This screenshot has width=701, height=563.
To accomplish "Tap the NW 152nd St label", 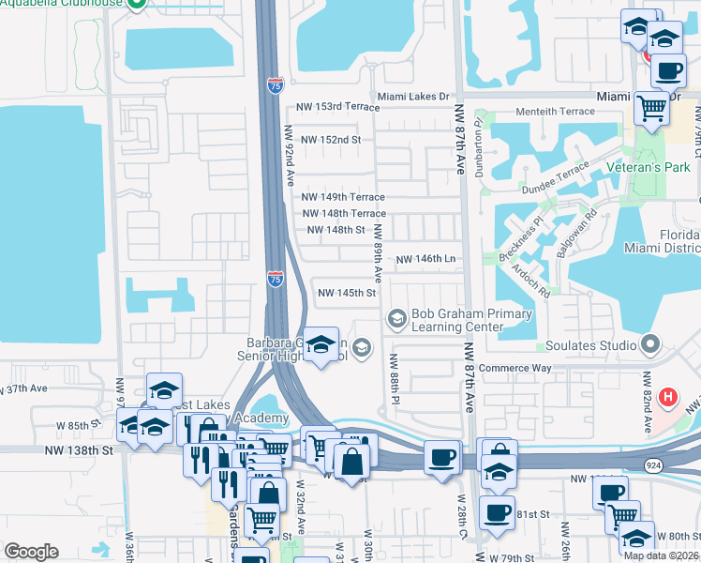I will pyautogui.click(x=331, y=140).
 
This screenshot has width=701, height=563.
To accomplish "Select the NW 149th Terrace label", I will pyautogui.click(x=343, y=197).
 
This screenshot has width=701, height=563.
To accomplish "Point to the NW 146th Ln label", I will pyautogui.click(x=425, y=259).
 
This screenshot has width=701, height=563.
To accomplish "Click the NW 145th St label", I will pyautogui.click(x=347, y=293).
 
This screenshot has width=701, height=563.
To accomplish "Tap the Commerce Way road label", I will pyautogui.click(x=516, y=368).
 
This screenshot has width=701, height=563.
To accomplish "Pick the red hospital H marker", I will pyautogui.click(x=667, y=398).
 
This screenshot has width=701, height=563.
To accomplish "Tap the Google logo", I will pyautogui.click(x=31, y=552).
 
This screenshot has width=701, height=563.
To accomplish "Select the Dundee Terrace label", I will pyautogui.click(x=557, y=178).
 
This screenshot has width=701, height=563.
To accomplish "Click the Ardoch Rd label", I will pyautogui.click(x=530, y=278).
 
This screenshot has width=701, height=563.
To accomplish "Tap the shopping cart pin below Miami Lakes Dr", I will pyautogui.click(x=651, y=109).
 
